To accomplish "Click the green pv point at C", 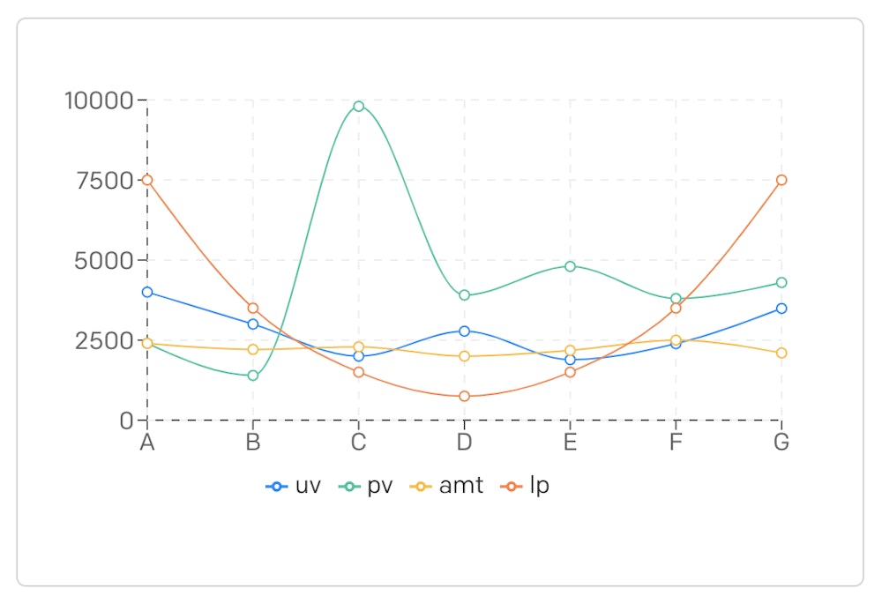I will click(x=358, y=107).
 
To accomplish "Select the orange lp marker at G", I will click(x=781, y=180).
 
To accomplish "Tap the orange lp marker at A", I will click(x=147, y=180).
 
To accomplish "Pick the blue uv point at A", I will click(x=147, y=292).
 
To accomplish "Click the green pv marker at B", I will click(x=253, y=376).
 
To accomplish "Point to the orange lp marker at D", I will click(x=464, y=397).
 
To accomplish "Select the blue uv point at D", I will click(x=464, y=331).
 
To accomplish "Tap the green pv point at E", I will click(x=570, y=266).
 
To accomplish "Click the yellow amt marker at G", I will click(x=781, y=353).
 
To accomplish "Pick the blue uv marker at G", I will click(x=781, y=309).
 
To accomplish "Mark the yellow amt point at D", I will click(x=464, y=356).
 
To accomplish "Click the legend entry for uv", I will click(x=294, y=486).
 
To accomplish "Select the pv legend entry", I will click(x=366, y=486).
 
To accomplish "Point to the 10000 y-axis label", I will click(x=98, y=100).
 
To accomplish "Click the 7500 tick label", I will click(x=103, y=181).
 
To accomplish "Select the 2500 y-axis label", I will click(x=103, y=341).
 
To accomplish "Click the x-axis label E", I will click(x=570, y=443).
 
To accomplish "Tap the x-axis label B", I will click(x=253, y=443).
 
